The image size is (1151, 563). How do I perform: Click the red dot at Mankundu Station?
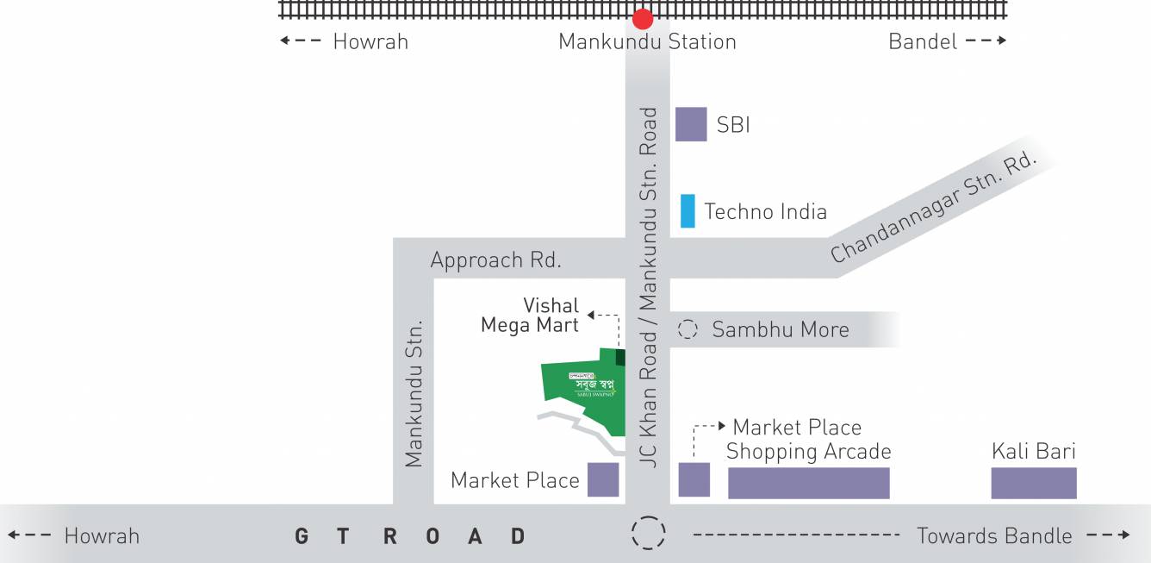click(x=643, y=19)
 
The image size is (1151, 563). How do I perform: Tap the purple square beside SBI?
click(x=691, y=124)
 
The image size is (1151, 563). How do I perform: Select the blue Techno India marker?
click(x=687, y=211)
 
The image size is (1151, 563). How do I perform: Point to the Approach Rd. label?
click(x=495, y=260)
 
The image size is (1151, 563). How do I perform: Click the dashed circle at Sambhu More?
click(x=687, y=329)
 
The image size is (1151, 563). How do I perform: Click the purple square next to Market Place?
click(x=603, y=479)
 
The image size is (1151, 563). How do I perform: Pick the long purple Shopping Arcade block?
click(x=808, y=483)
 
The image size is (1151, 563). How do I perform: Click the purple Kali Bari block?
click(x=1034, y=483)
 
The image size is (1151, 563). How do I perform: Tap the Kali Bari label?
click(x=1034, y=451)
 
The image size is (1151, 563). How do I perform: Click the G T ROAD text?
click(x=410, y=536)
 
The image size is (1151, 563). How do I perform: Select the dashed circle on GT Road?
click(x=648, y=533)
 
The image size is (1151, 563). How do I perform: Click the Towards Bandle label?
click(x=994, y=536)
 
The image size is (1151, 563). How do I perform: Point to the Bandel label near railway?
click(x=923, y=41)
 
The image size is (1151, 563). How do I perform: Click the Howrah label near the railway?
click(x=370, y=41)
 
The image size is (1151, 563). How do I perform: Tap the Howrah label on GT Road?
click(x=102, y=536)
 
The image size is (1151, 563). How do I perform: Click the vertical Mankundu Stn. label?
click(x=414, y=394)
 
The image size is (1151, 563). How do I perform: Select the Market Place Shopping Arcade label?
click(x=807, y=440)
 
